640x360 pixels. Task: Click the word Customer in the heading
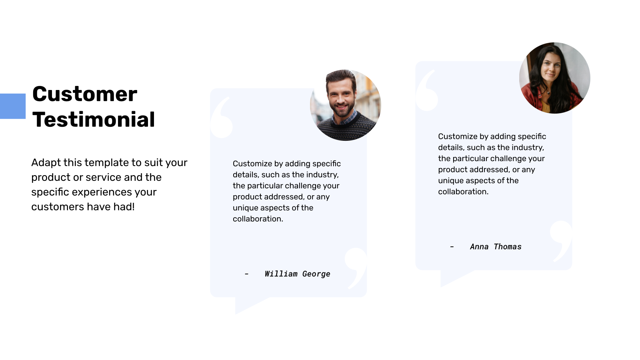coord(85,94)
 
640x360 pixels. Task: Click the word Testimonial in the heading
coord(94,120)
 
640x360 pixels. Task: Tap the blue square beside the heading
coord(12,106)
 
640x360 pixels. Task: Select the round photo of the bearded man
coord(346,105)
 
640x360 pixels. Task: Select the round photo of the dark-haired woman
coord(554,78)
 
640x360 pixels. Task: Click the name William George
coord(297,274)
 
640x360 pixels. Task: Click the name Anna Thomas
coord(496,247)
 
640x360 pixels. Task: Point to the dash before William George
coord(246,274)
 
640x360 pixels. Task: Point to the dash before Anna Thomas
coord(452,247)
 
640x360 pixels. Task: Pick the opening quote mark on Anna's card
coord(427,92)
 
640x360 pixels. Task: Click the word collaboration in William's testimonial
coord(257,219)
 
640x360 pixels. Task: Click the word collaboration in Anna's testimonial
coord(462,192)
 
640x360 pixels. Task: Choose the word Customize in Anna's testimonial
coord(457,136)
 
